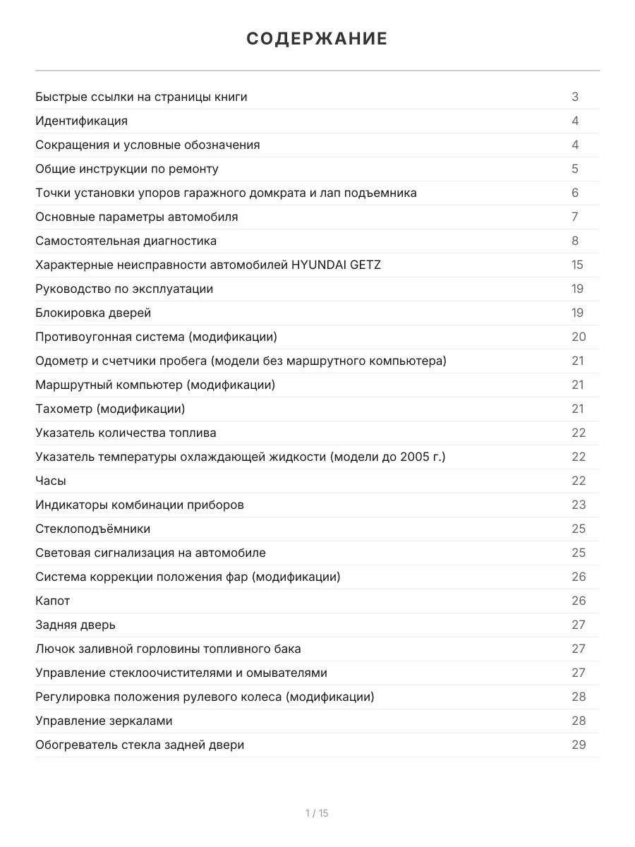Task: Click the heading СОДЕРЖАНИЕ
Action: [x=317, y=39]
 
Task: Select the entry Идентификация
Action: [x=82, y=121]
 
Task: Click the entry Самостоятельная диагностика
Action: [x=126, y=241]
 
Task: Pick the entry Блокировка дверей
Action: [x=93, y=313]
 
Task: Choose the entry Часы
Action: [x=51, y=481]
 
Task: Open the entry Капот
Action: [x=53, y=601]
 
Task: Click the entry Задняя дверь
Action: [x=75, y=625]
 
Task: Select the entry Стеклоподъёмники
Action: [x=93, y=529]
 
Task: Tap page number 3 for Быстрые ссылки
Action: [x=575, y=97]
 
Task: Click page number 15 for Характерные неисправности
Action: [x=578, y=265]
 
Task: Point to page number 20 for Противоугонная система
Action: [x=579, y=337]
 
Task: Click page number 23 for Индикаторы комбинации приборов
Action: [x=579, y=505]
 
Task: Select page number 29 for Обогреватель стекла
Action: [x=579, y=745]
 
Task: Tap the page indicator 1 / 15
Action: [x=317, y=813]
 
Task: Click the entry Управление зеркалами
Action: [x=104, y=721]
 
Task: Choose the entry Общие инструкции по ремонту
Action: [x=127, y=169]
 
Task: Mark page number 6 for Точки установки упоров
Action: [x=575, y=193]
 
